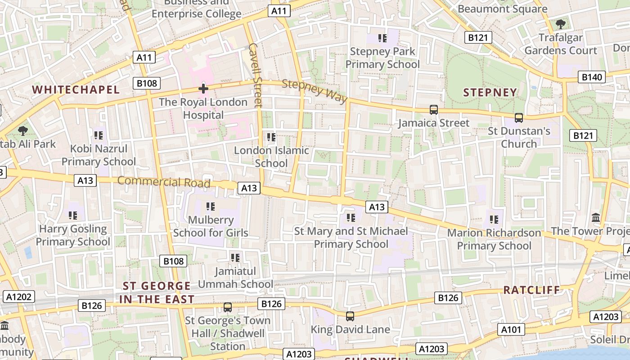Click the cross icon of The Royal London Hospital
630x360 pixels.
tap(203, 89)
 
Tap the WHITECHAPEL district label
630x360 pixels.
tap(76, 90)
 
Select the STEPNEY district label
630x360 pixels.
tap(490, 93)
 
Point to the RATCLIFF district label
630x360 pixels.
tap(531, 290)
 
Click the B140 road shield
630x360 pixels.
tap(591, 77)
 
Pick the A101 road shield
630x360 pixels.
tap(512, 330)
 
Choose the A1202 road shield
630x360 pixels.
tap(18, 297)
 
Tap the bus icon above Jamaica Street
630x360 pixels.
tap(434, 109)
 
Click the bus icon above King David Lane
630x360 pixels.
tap(350, 316)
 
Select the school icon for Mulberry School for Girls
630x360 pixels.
tap(211, 207)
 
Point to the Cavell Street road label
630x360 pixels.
tap(255, 76)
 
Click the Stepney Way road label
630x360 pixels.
tap(315, 91)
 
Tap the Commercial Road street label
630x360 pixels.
tap(164, 182)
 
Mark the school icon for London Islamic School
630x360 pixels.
tap(271, 137)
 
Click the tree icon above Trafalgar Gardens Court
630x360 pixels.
tap(560, 24)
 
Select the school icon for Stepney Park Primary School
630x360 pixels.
tap(382, 38)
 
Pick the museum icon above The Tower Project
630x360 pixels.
tap(596, 218)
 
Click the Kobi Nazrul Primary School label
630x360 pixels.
tap(99, 155)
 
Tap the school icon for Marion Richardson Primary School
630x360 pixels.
tap(494, 220)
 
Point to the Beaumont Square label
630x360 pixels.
tap(502, 9)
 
